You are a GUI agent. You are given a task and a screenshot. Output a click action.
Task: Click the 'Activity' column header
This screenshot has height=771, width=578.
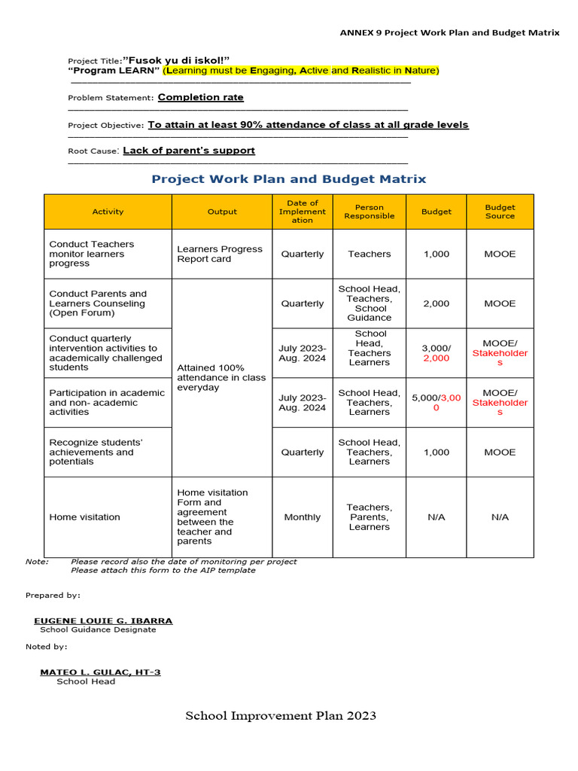tap(108, 212)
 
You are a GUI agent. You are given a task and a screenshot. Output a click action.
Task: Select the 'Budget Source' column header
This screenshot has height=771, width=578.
tap(500, 212)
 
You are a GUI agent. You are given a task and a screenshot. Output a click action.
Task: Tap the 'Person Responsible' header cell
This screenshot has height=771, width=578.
tap(369, 212)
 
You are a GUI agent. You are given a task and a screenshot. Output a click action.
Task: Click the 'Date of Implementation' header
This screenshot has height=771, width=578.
tap(303, 212)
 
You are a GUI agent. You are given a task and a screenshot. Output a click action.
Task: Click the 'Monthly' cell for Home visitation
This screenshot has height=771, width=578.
tap(303, 517)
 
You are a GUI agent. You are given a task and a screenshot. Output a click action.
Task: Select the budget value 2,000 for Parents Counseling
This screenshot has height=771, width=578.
tap(436, 303)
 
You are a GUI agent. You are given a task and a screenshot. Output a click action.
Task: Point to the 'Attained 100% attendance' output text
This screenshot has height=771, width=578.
tap(221, 377)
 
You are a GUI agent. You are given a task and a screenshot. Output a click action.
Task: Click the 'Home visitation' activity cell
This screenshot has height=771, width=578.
tap(84, 517)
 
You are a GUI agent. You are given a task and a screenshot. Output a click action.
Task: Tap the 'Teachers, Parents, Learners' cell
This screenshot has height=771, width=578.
tap(369, 517)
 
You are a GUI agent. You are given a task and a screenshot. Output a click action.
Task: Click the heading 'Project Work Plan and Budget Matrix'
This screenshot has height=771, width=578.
tap(289, 179)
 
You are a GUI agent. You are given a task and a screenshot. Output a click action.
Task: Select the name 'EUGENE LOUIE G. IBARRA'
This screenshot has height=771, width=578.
tap(103, 620)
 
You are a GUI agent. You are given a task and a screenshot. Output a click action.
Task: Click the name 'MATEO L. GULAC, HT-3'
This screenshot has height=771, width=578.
tap(100, 672)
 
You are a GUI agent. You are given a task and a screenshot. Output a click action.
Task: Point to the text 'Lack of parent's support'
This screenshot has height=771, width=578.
tap(189, 151)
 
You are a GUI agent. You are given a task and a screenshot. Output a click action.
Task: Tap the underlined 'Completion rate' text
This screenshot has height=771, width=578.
tap(201, 97)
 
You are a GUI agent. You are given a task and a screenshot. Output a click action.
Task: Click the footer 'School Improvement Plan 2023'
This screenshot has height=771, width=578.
tap(281, 716)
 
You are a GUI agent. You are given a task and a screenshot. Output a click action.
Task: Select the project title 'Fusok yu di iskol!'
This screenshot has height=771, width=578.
tap(176, 59)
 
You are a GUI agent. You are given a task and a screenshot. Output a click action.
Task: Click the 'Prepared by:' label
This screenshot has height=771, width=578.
tap(53, 595)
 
